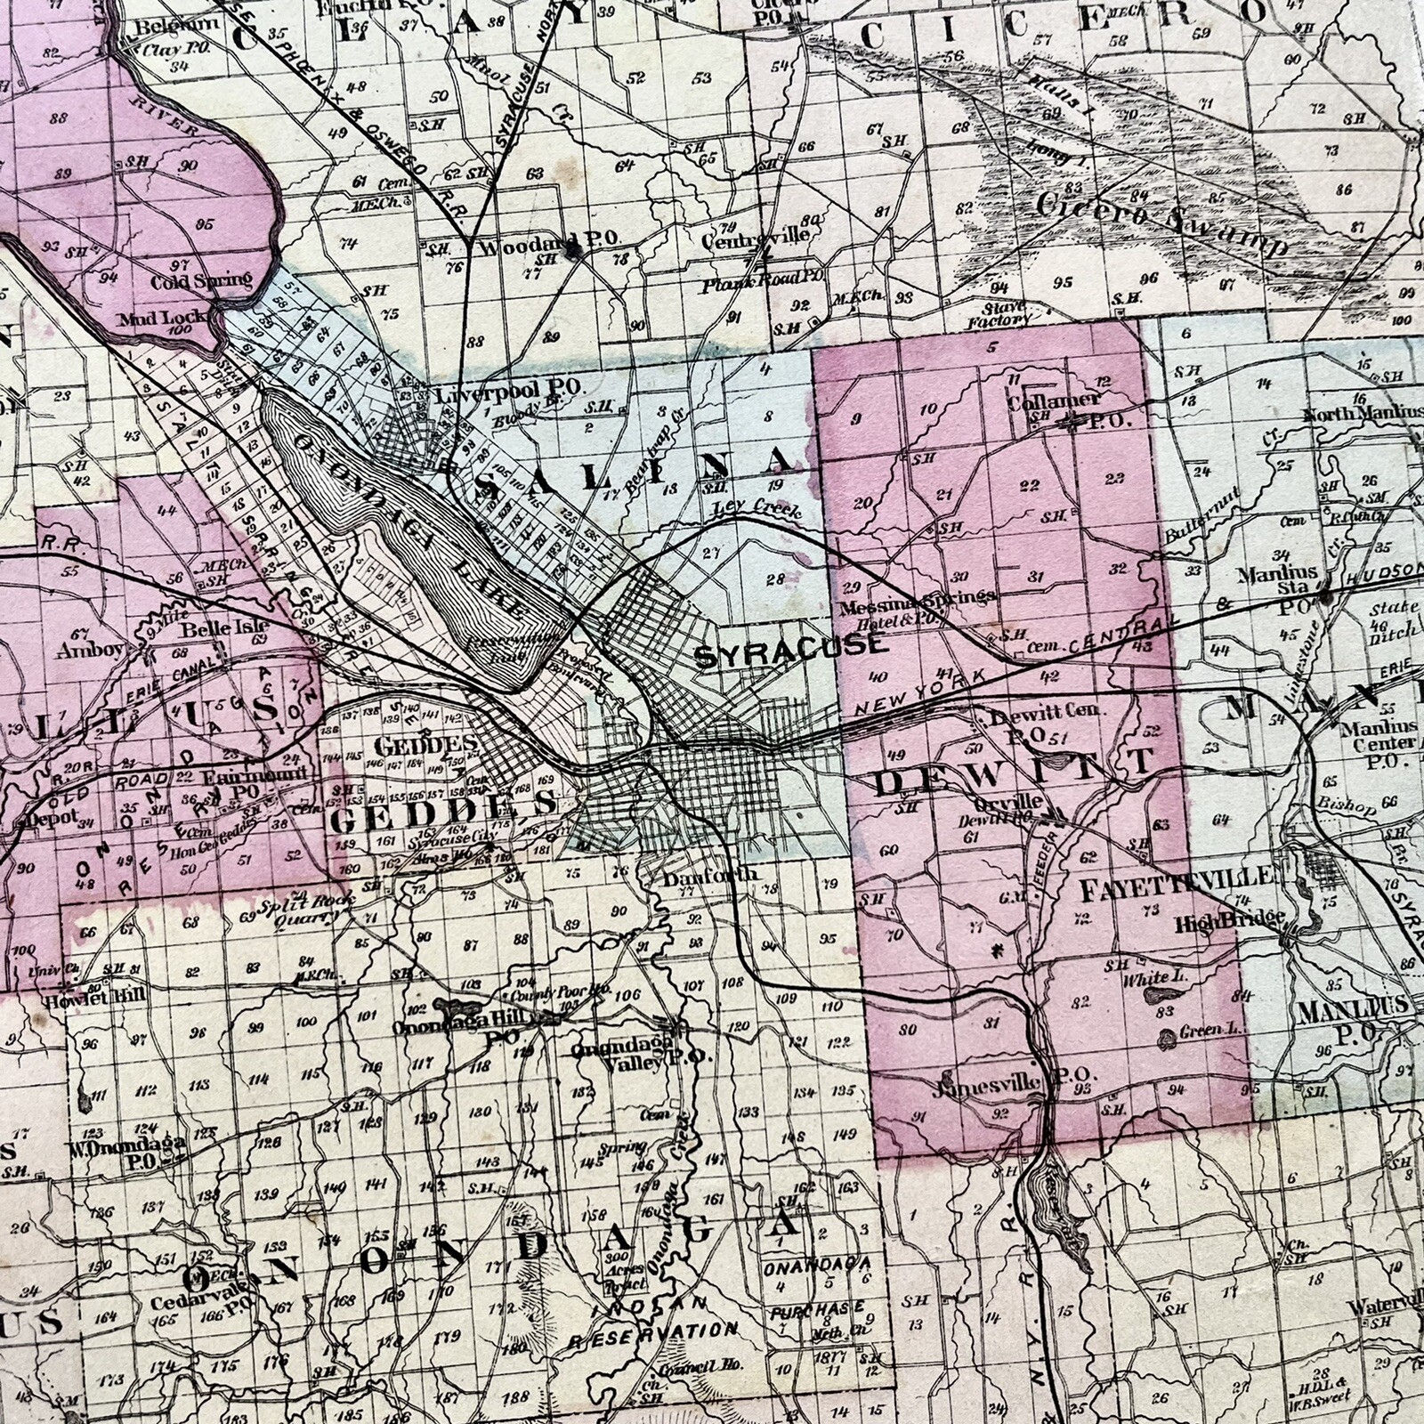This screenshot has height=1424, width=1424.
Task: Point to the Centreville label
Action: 756,235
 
